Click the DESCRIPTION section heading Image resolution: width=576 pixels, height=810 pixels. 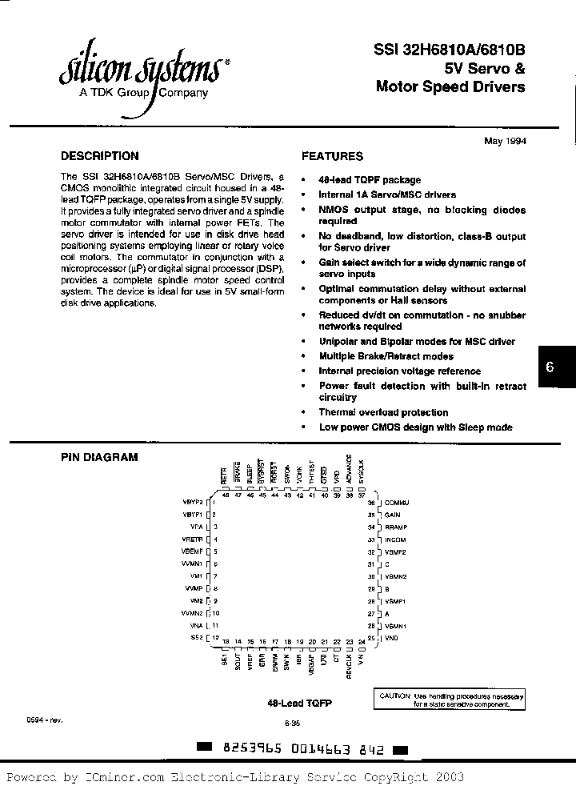click(100, 156)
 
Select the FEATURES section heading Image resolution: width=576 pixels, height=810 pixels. click(332, 157)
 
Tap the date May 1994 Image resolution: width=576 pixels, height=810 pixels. click(505, 141)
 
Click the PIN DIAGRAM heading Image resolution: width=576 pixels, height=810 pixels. click(100, 457)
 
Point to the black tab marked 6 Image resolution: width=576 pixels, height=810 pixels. click(550, 367)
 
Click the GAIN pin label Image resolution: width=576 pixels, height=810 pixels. click(392, 515)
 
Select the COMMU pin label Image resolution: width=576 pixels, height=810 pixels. click(397, 502)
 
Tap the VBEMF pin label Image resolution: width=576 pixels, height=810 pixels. click(193, 551)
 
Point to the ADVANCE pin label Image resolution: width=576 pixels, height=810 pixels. click(349, 469)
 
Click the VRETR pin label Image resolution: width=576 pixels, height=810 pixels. click(193, 539)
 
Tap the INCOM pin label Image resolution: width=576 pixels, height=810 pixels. click(395, 539)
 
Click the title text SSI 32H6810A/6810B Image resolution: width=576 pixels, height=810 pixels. click(450, 49)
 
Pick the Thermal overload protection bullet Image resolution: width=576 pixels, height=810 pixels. click(383, 412)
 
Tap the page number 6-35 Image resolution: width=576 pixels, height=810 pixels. click(291, 723)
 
